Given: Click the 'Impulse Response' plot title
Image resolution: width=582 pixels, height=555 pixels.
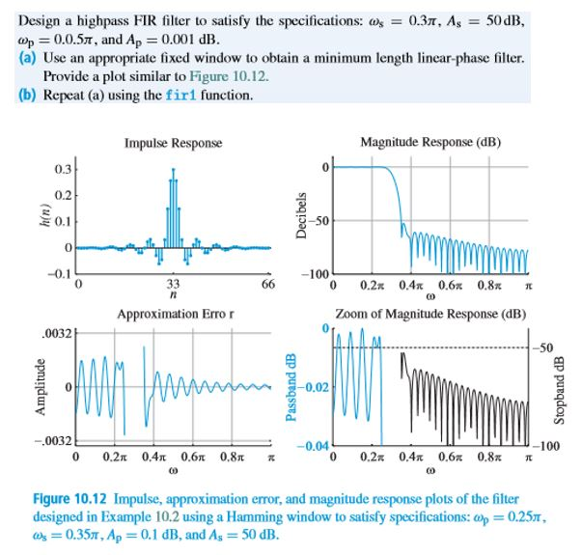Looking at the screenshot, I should click(173, 143).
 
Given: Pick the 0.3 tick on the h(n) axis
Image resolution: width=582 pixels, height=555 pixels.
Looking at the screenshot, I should click(60, 170).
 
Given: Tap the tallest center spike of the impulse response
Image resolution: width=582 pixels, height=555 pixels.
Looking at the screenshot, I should click(173, 174).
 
